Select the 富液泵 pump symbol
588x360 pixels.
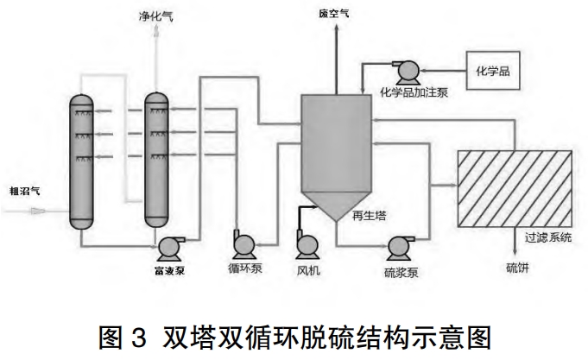[168, 248]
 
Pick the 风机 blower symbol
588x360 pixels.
[307, 247]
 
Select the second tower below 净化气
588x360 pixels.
[157, 160]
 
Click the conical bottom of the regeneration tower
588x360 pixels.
[336, 206]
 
